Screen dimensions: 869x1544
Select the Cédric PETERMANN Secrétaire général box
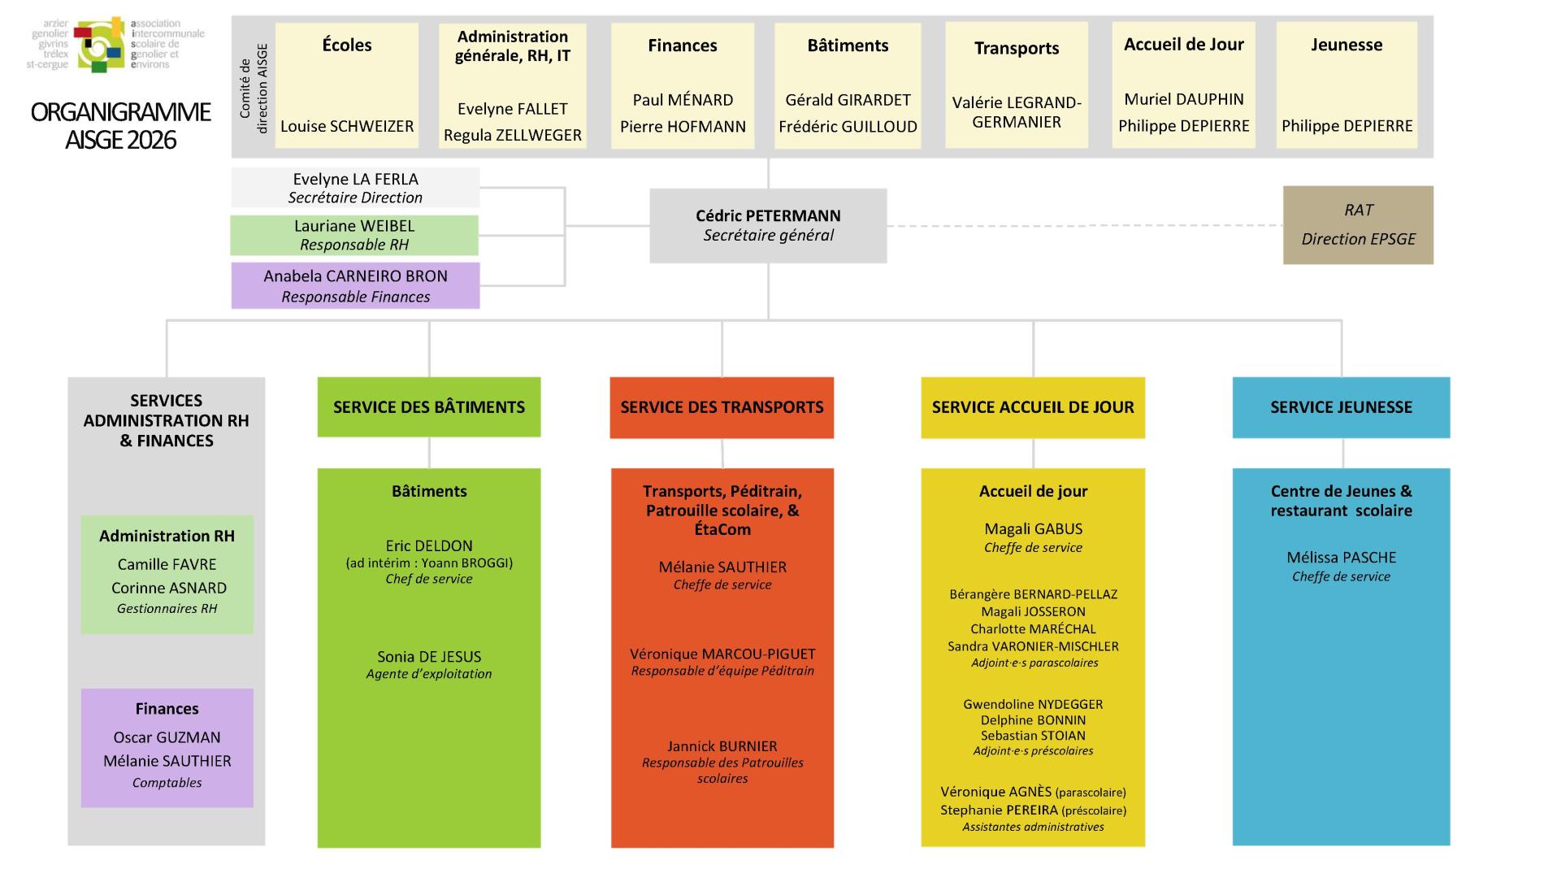(x=768, y=225)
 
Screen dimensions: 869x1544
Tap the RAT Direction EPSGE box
(x=1358, y=225)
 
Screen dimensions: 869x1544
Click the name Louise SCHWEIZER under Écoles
(x=347, y=126)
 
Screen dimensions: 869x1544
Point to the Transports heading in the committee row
(x=1016, y=48)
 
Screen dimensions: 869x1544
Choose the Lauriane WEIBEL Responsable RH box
(x=354, y=235)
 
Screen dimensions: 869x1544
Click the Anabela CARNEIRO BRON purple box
(x=355, y=285)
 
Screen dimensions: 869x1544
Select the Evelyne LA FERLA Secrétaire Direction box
(x=355, y=188)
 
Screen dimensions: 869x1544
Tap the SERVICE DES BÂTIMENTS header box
(x=429, y=407)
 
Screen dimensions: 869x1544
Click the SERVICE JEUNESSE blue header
(x=1341, y=407)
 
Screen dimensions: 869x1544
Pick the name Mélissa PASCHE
(x=1341, y=558)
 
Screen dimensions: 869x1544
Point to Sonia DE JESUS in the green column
(x=429, y=657)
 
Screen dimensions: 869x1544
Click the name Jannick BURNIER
(x=722, y=746)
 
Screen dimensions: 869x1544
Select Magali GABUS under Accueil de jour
(x=1033, y=529)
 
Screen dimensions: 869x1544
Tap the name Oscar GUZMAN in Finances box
(x=167, y=737)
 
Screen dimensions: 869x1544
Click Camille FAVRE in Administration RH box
(x=167, y=564)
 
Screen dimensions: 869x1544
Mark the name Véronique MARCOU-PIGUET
(x=722, y=654)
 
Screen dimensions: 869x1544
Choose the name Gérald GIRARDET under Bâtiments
(x=848, y=100)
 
